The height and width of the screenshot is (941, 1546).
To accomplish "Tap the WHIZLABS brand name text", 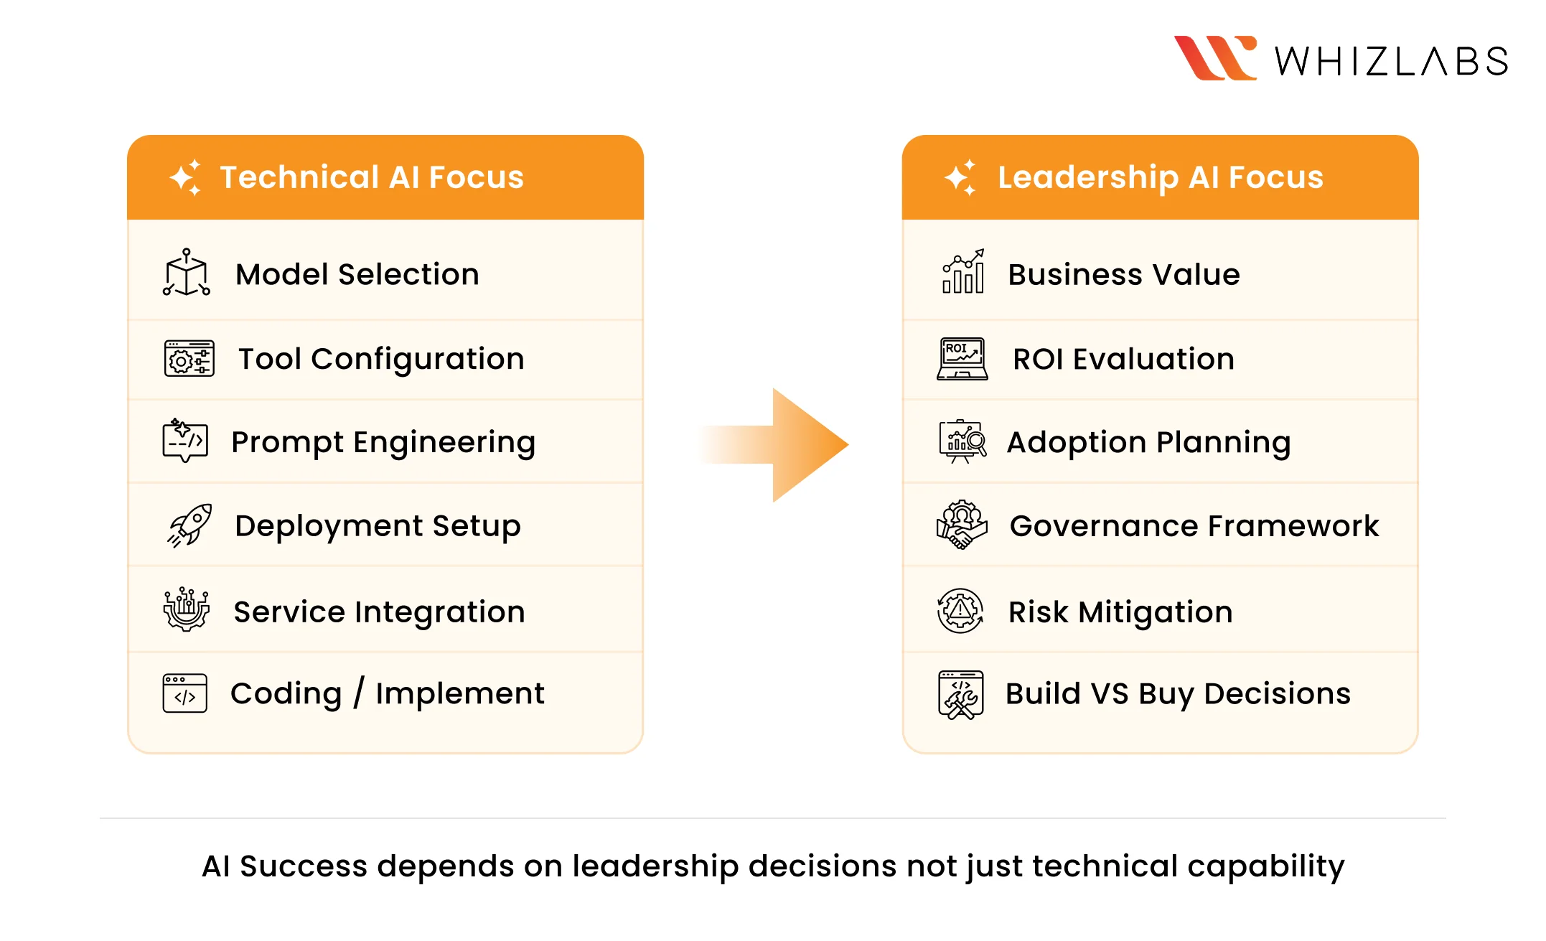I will (x=1391, y=61).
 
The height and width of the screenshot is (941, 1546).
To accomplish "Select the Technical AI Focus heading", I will (x=372, y=177).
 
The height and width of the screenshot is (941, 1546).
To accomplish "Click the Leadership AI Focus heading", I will (x=1160, y=177).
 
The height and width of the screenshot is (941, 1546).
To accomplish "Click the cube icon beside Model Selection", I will (x=187, y=273).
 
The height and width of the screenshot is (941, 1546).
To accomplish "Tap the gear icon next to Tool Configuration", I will (x=189, y=358).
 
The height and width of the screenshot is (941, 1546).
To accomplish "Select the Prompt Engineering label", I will (x=383, y=442).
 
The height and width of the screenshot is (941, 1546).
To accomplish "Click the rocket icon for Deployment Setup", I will (x=189, y=525).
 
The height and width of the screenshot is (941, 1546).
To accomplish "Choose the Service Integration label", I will (x=379, y=612).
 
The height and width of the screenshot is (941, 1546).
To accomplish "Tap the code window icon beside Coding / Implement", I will (x=185, y=693).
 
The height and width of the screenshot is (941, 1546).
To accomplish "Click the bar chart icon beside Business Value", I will (x=963, y=272).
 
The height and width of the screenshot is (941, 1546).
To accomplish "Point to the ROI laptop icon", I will (x=962, y=358).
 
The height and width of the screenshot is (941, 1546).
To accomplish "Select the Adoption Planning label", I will (x=1148, y=442).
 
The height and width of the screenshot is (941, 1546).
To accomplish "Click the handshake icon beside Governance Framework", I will (x=962, y=525).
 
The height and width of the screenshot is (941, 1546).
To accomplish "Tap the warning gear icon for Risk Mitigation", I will (x=960, y=611).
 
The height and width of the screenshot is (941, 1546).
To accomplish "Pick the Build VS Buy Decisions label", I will (x=1178, y=693).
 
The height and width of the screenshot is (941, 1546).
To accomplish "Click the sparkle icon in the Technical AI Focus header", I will (x=186, y=177).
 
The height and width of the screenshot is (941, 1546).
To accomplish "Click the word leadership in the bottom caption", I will (x=655, y=866).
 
